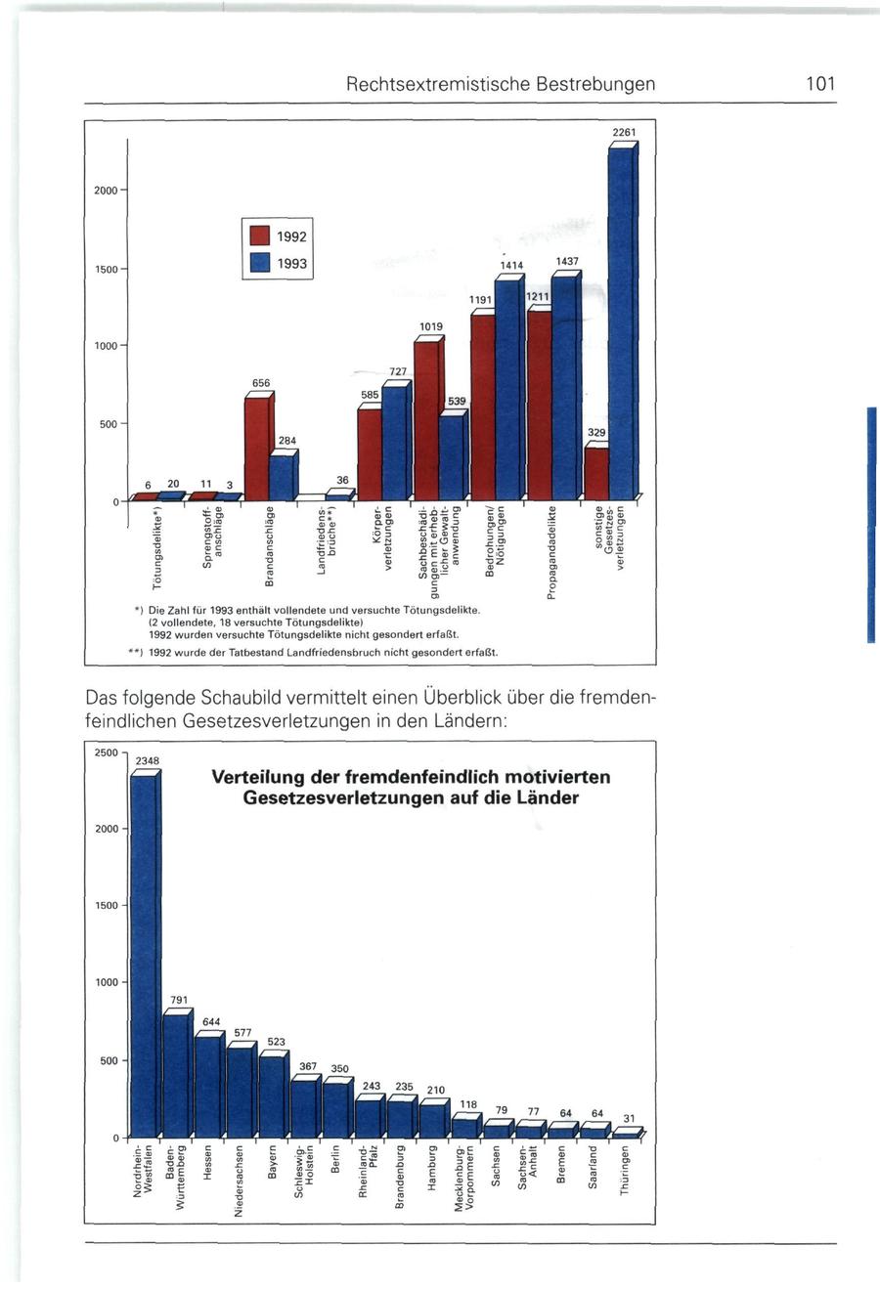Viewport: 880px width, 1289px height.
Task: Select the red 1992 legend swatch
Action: (x=259, y=236)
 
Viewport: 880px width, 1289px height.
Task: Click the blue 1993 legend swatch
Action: (x=259, y=263)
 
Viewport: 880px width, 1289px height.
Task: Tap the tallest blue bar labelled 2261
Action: (x=620, y=322)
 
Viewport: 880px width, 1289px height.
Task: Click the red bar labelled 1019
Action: (x=425, y=420)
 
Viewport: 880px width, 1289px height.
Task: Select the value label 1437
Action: (x=567, y=262)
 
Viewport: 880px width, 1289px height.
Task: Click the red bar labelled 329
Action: (x=595, y=473)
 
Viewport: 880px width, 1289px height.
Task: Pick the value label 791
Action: (x=178, y=1000)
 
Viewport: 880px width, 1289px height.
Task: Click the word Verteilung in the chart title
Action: (x=257, y=778)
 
